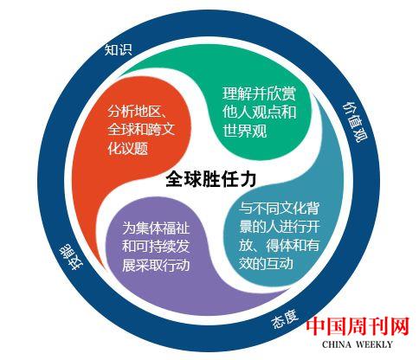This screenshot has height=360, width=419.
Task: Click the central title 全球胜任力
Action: (211, 179)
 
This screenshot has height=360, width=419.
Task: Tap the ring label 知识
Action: (119, 49)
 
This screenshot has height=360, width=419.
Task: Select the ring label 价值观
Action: (354, 122)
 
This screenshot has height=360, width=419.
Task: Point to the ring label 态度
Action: (285, 319)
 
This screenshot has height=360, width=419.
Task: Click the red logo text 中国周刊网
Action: (358, 327)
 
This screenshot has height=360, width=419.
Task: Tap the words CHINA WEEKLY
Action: (358, 344)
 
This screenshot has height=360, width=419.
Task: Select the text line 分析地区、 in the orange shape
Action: (138, 112)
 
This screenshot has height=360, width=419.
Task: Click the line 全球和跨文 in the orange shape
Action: (141, 130)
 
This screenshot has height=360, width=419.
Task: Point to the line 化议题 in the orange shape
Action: (128, 148)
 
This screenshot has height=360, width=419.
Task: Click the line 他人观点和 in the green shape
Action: (259, 112)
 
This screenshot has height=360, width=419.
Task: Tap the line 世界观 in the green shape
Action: (245, 131)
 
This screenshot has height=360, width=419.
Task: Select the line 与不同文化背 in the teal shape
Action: (279, 209)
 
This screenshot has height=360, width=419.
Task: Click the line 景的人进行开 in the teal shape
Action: (280, 227)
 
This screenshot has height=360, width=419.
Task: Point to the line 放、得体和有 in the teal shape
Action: (279, 245)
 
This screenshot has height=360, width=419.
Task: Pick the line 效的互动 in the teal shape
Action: (266, 263)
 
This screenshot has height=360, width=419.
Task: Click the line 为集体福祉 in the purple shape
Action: (156, 228)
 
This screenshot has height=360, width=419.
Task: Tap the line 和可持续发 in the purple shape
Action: (156, 246)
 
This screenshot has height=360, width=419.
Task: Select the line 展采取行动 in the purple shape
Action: (156, 265)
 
